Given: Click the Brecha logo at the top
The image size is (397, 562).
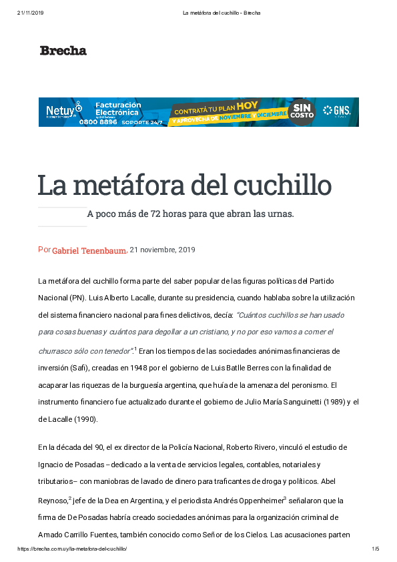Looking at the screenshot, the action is click(x=63, y=50).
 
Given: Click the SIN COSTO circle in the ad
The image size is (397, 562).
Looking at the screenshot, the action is click(x=302, y=111).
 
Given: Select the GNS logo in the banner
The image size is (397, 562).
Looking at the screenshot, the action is click(x=336, y=111).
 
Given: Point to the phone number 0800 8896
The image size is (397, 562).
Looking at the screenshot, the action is click(x=99, y=121).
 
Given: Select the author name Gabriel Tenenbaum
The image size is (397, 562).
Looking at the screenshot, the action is click(x=89, y=250).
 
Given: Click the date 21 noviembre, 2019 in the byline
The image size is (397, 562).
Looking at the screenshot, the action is click(x=162, y=250).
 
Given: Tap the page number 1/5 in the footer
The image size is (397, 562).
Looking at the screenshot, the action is click(x=375, y=549).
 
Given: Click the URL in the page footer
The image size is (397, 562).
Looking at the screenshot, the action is click(x=71, y=549).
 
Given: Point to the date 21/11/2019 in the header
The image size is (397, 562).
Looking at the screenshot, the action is click(x=31, y=13).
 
